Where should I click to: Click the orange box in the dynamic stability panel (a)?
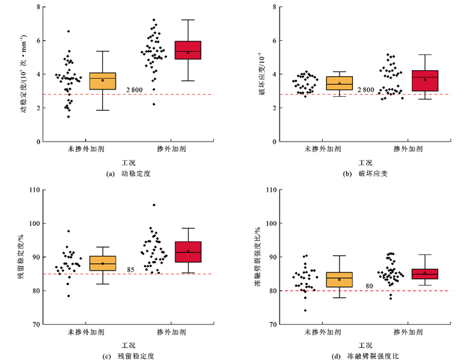tap(102, 81)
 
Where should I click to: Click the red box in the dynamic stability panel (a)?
tap(188, 50)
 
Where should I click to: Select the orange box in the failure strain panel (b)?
tap(339, 83)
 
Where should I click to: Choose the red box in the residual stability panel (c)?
tap(188, 252)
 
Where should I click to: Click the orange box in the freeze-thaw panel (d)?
tap(339, 279)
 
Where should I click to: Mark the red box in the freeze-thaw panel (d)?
tap(425, 274)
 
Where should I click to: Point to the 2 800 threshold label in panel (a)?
tap(136, 90)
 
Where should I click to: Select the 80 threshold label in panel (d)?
tap(369, 287)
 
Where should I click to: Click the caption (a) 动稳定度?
tap(130, 174)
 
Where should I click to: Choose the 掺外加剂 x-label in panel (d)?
tap(408, 332)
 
